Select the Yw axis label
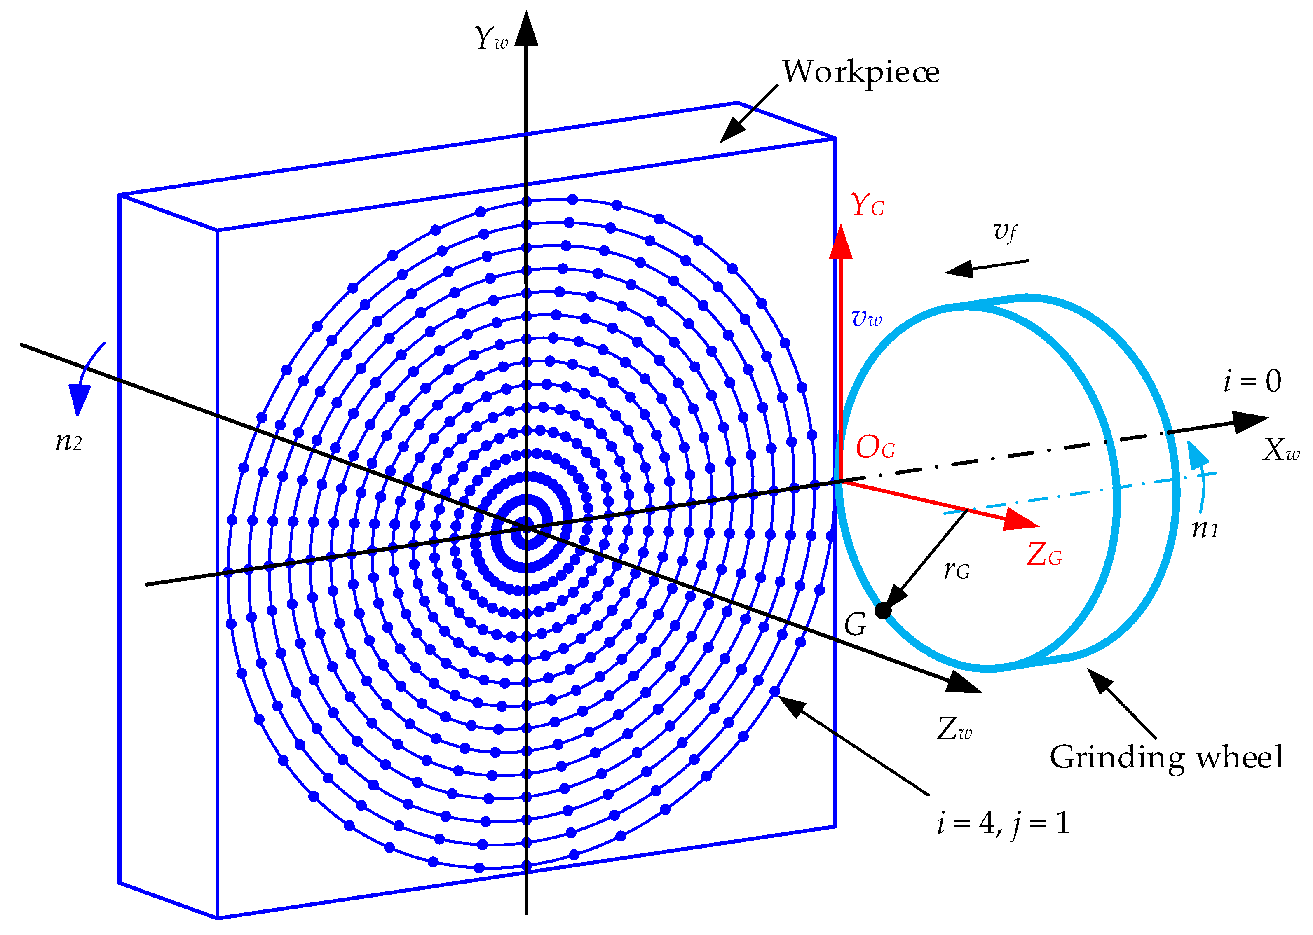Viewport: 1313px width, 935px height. tap(491, 38)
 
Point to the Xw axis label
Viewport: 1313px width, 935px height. tap(1281, 450)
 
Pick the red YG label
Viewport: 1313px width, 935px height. tap(867, 205)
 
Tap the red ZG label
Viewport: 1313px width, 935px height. tap(1044, 556)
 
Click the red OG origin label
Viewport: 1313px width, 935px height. tap(875, 447)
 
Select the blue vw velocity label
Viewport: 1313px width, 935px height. tap(867, 318)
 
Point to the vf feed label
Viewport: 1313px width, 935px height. tap(1005, 231)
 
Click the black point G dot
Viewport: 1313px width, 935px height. tap(883, 611)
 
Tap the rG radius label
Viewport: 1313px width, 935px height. tap(957, 570)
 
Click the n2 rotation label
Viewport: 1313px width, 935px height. tap(68, 442)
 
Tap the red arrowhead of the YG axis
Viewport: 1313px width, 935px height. tap(840, 243)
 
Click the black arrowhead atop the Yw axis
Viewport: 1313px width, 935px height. tap(526, 29)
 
